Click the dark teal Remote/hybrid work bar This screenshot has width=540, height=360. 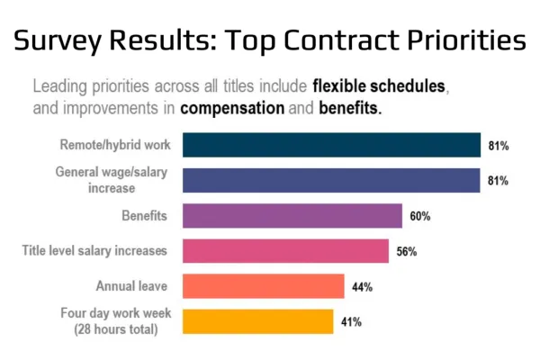331,145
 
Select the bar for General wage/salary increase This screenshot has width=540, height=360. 331,180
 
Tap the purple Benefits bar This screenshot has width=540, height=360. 292,216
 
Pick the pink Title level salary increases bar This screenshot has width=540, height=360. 285,251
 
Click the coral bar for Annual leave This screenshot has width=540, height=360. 263,286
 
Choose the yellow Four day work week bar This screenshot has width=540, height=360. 257,321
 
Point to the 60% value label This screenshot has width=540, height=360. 419,216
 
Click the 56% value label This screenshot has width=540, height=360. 406,251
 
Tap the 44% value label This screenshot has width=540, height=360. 362,286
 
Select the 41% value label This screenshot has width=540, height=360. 351,321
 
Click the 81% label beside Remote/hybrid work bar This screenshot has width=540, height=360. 498,145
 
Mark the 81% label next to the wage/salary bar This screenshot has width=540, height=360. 498,180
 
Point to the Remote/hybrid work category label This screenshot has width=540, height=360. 118,144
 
